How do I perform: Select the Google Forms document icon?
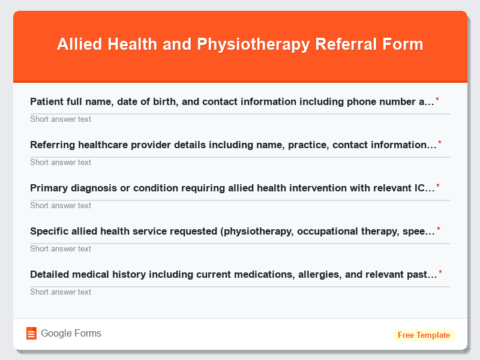[x=31, y=334]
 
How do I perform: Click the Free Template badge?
[x=424, y=335]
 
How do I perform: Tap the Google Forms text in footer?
[x=71, y=334]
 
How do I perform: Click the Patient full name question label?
[x=232, y=101]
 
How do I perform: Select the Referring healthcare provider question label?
[x=233, y=145]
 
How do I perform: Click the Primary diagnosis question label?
[x=232, y=188]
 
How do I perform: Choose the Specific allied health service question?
[x=232, y=231]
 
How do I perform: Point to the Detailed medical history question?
[x=233, y=274]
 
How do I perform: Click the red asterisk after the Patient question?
[x=437, y=100]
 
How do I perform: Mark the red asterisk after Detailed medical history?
[x=440, y=272]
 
